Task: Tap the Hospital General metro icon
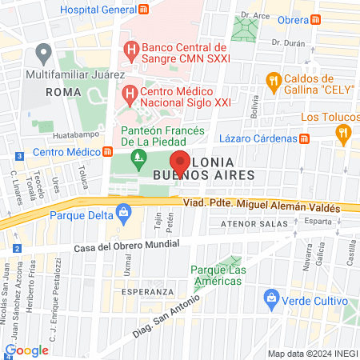pyautogui.click(x=143, y=9)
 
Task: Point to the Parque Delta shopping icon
pyautogui.click(x=123, y=212)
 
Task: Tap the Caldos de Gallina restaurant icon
pyautogui.click(x=274, y=80)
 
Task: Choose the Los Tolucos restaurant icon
pyautogui.click(x=344, y=134)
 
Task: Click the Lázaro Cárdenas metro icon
pyautogui.click(x=304, y=139)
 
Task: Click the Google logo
pyautogui.click(x=26, y=350)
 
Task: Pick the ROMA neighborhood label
pyautogui.click(x=63, y=92)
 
